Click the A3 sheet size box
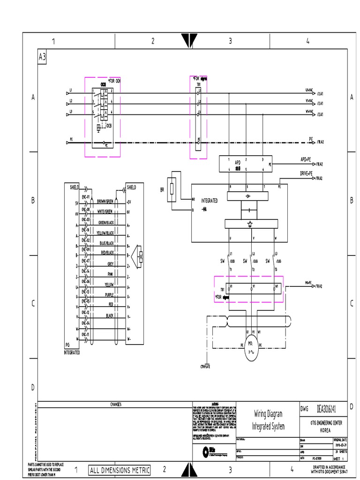[42, 57]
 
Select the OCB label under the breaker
[109, 127]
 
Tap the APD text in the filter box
[238, 162]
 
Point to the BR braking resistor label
[162, 190]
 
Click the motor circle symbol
[251, 351]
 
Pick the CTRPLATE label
[206, 366]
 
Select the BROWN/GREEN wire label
[105, 201]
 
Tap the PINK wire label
[110, 274]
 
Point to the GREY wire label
[111, 263]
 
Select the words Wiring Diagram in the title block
[268, 414]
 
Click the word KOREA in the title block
[324, 429]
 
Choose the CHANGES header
[115, 404]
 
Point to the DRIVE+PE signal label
[306, 174]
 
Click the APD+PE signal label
[306, 160]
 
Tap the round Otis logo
[205, 451]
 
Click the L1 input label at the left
[71, 90]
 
